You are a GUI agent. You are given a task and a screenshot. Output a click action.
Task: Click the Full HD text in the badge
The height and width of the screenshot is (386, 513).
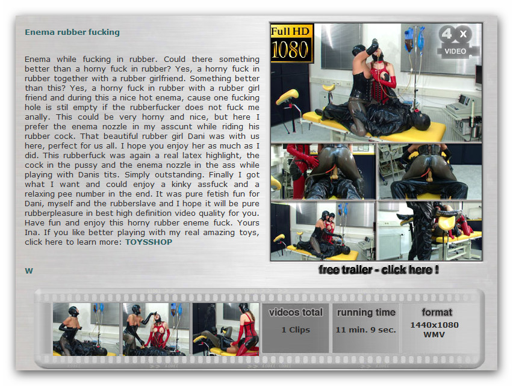point(290,31)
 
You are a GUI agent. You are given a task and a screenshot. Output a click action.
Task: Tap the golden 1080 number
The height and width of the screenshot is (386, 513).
point(290,50)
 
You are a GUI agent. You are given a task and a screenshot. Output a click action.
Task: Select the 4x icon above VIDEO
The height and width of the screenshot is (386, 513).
point(455,34)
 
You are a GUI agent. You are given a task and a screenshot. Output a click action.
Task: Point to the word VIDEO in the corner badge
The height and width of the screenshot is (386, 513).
point(455,51)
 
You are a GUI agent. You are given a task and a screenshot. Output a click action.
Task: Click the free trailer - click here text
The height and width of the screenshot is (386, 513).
point(379,270)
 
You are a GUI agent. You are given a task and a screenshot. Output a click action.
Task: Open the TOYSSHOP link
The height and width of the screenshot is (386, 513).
point(149,242)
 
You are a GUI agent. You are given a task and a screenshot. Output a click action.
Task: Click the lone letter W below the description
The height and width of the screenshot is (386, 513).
point(29,271)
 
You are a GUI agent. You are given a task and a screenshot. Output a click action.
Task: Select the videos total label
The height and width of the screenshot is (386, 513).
point(296,313)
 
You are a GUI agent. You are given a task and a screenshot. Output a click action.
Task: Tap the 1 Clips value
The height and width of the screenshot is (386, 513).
point(296,330)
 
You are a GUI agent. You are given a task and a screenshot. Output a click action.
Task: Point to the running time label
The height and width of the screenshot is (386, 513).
point(366,313)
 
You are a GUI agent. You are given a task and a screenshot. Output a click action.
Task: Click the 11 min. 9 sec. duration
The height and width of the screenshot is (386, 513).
point(365,330)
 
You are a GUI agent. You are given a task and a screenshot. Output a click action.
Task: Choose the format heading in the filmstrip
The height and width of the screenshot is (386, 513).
point(437,313)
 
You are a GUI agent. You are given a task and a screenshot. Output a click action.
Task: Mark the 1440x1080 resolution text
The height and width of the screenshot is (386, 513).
point(435,325)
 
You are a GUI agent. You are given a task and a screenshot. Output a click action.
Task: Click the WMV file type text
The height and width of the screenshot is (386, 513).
point(434,335)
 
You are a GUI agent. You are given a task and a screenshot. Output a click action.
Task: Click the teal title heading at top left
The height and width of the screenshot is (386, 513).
point(72,32)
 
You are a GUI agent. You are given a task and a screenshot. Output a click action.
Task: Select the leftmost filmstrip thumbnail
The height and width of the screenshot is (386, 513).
point(86,329)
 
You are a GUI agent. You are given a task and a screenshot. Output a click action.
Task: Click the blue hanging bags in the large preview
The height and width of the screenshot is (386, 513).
point(414,40)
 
